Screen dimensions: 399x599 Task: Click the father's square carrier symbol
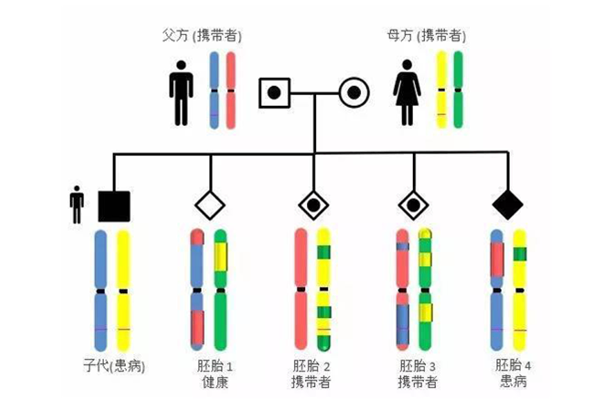[274, 93]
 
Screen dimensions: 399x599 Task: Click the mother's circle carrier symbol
[353, 93]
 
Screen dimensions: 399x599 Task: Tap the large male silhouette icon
[181, 93]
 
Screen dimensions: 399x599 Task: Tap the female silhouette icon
[407, 93]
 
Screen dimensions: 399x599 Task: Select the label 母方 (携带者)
[426, 35]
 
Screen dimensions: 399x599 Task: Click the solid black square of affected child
[114, 205]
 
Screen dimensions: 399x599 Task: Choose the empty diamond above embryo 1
[210, 205]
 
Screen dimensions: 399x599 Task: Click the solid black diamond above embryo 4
[508, 205]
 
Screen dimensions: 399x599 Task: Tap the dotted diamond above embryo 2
[314, 205]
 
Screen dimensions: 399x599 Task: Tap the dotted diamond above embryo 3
[414, 205]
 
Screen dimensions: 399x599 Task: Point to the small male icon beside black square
[77, 204]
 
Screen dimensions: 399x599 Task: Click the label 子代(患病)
[113, 366]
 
